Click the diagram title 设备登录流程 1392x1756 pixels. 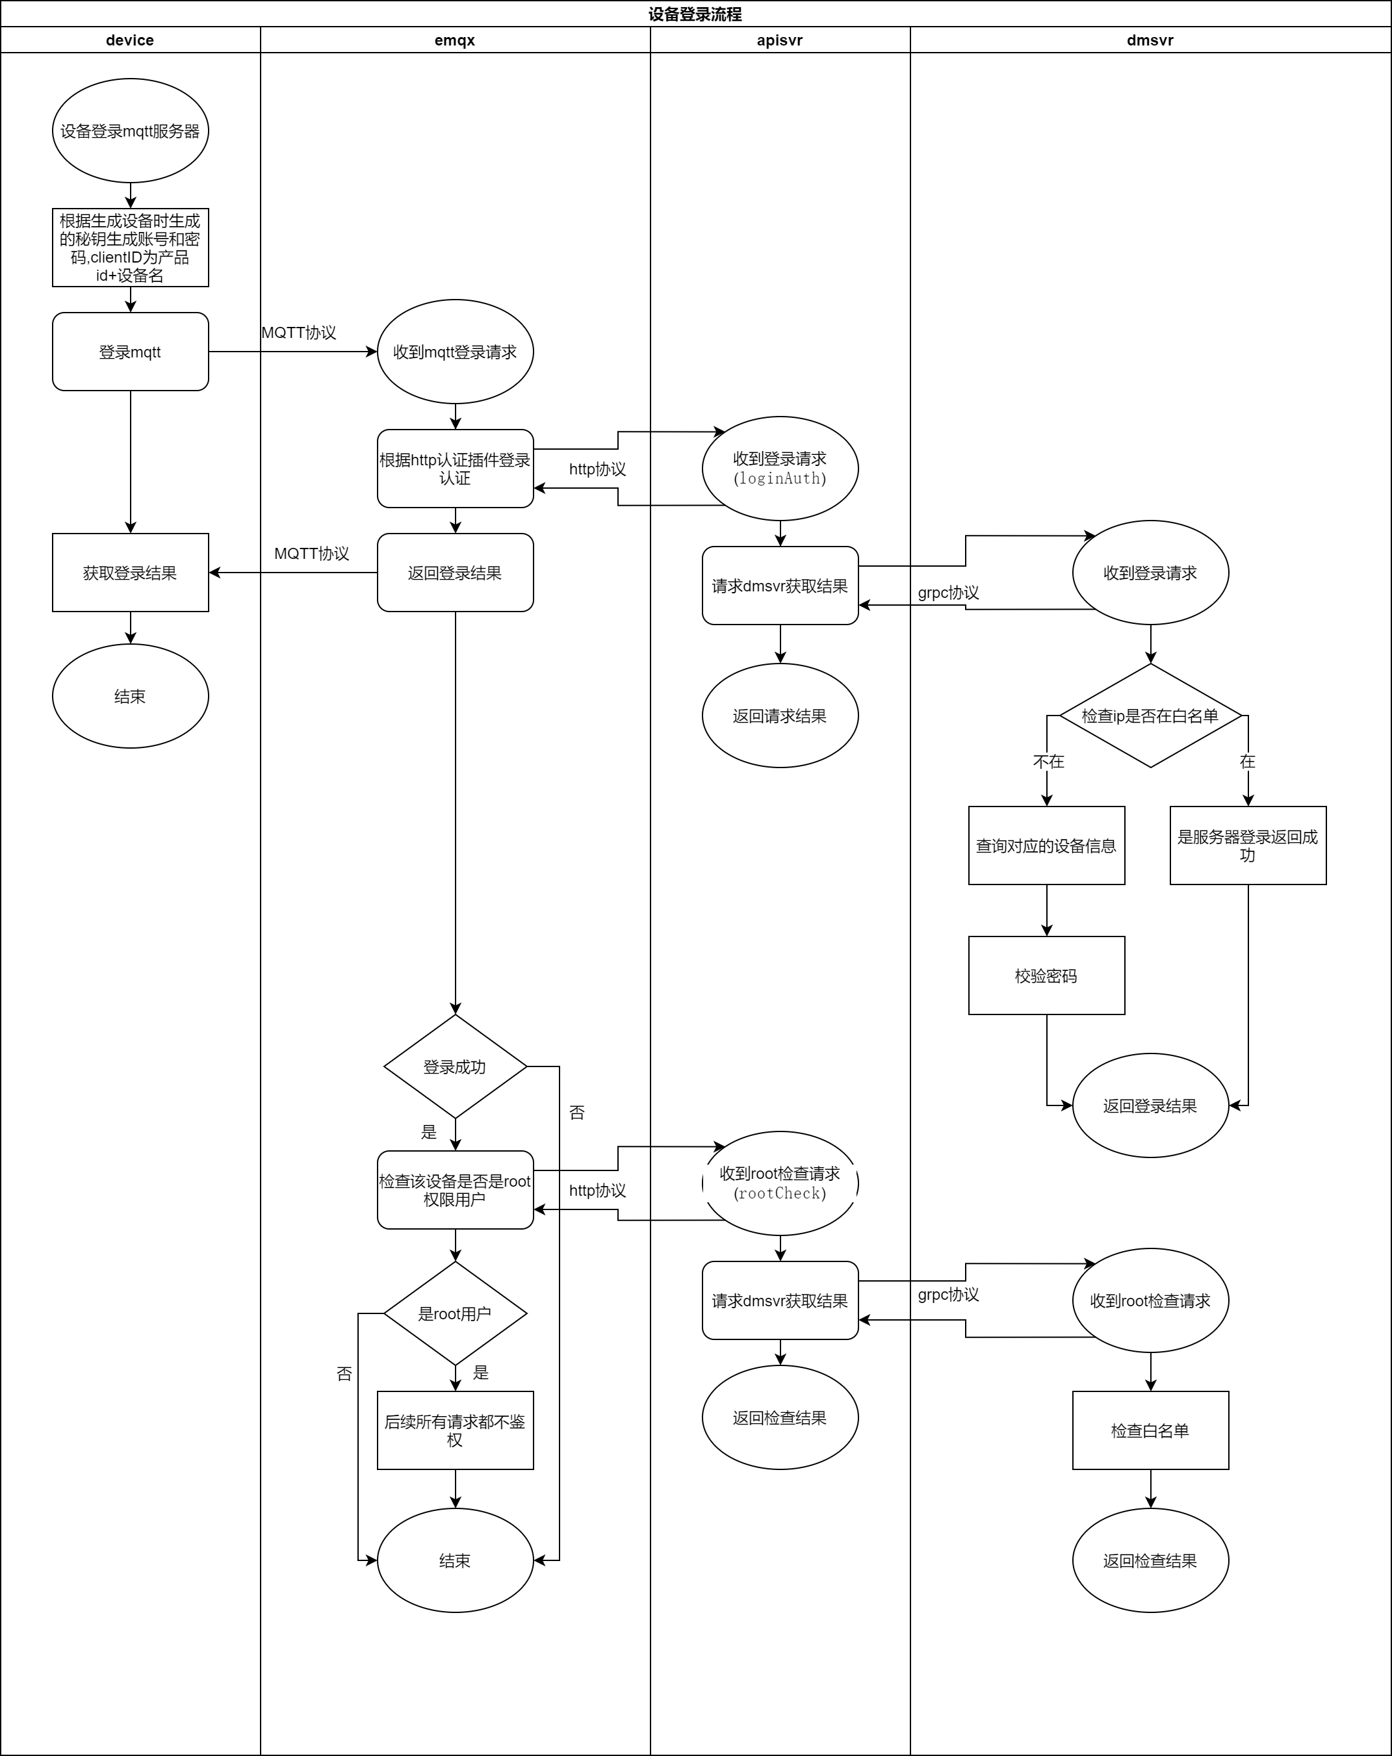pos(695,14)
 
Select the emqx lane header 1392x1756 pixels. pos(454,40)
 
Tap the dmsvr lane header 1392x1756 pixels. pos(1149,40)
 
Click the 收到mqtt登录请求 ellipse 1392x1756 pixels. pos(454,352)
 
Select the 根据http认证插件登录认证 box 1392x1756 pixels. pos(454,469)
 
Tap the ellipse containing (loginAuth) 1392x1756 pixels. pos(779,469)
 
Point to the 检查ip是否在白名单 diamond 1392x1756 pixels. pos(1149,715)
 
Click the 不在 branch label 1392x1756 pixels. pos(1048,762)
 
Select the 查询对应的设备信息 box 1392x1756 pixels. pos(1046,846)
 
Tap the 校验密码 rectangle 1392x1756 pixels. pos(1046,975)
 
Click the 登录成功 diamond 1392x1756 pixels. pos(454,1066)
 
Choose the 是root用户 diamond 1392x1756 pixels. pos(454,1313)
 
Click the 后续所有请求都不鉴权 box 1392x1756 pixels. pos(454,1430)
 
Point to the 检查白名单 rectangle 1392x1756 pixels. pos(1149,1430)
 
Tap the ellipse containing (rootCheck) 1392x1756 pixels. pos(779,1183)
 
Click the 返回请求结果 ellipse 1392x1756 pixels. pos(779,715)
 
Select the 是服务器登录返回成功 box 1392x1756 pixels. pos(1247,846)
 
